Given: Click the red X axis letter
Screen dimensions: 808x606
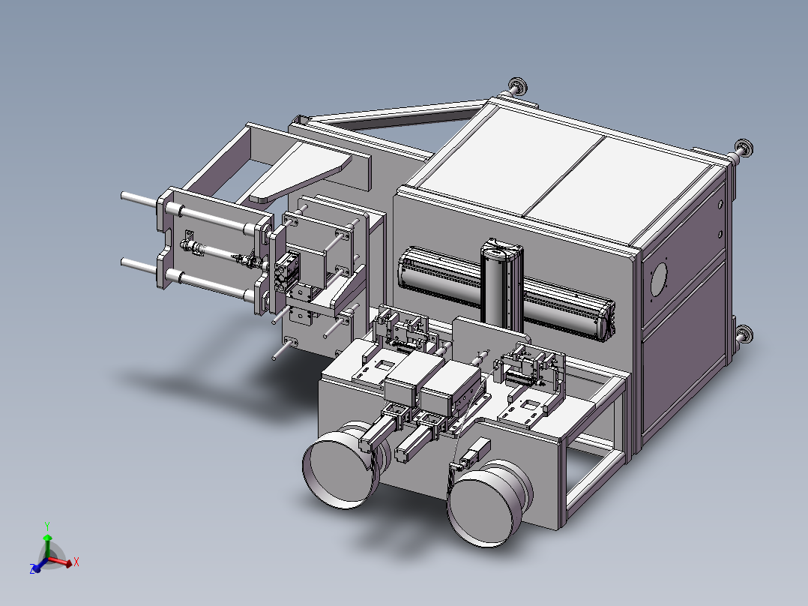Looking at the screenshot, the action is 76,562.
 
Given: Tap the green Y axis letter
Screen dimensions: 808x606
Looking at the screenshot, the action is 47,526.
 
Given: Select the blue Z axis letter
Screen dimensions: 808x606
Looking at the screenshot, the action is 33,569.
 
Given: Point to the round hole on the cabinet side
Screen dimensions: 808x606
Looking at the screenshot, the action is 659,279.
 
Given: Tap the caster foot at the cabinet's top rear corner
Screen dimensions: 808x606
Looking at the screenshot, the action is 517,86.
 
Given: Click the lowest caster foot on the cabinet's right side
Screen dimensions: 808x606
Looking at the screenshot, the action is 743,334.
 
